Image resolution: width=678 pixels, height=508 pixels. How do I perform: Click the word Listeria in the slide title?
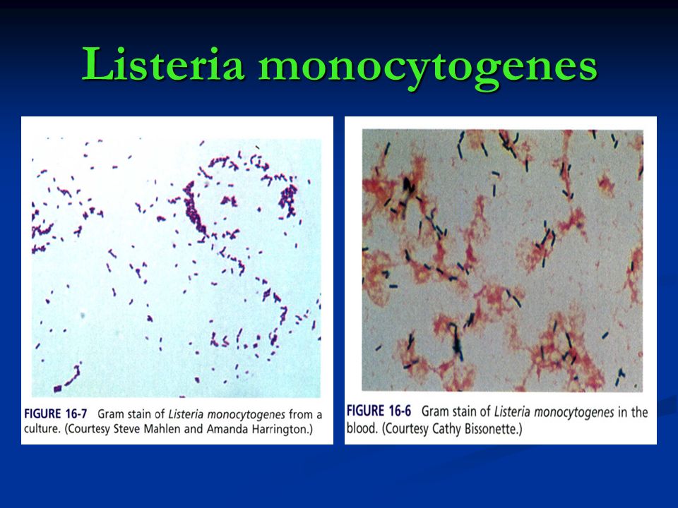point(163,64)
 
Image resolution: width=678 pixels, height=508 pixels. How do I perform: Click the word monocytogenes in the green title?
point(428,68)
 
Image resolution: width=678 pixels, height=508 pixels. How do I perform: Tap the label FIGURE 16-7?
point(56,414)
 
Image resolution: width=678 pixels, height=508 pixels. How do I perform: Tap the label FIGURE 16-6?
point(379,411)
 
